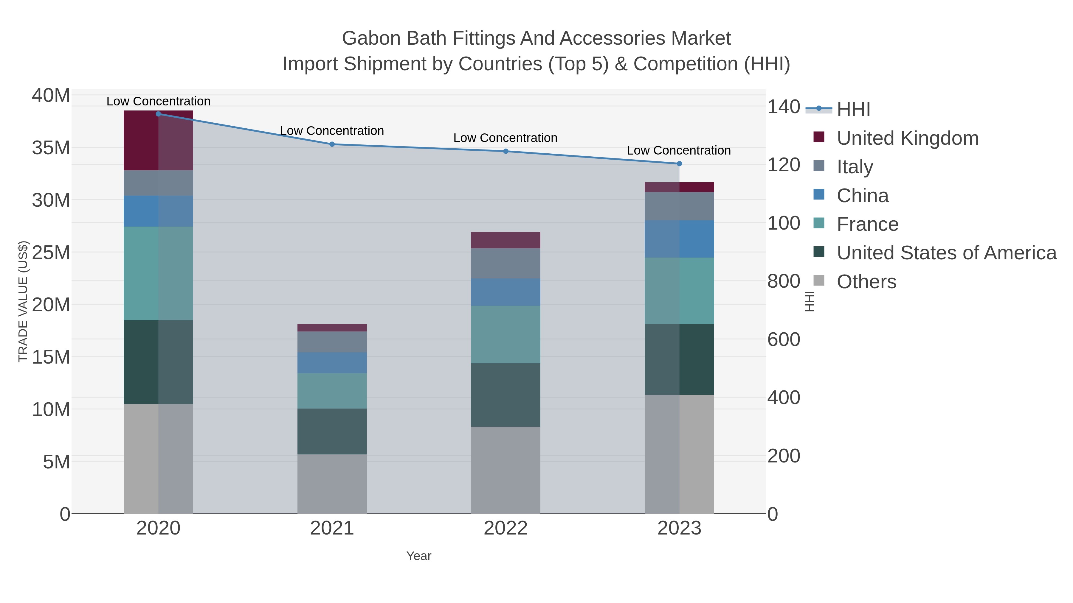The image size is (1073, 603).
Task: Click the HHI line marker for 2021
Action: click(332, 144)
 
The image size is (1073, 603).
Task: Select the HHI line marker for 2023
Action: click(679, 164)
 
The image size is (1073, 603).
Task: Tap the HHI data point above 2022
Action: click(506, 151)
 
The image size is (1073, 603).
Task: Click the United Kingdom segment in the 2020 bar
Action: click(158, 141)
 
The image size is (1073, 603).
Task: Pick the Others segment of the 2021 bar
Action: click(332, 484)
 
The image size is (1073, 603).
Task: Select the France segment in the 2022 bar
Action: click(506, 335)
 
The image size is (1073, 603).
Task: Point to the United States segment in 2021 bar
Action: click(332, 431)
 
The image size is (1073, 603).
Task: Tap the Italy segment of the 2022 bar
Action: click(506, 264)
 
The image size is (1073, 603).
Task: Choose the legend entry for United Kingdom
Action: click(907, 138)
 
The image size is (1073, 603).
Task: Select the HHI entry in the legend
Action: click(853, 109)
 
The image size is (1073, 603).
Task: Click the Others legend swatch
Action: click(819, 281)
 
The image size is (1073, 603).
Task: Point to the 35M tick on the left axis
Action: click(51, 148)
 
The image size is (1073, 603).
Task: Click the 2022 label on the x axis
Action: click(506, 529)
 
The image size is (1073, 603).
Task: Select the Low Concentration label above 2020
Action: click(158, 101)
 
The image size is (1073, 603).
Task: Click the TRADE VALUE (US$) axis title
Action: click(23, 302)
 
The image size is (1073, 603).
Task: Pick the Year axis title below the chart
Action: click(419, 556)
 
